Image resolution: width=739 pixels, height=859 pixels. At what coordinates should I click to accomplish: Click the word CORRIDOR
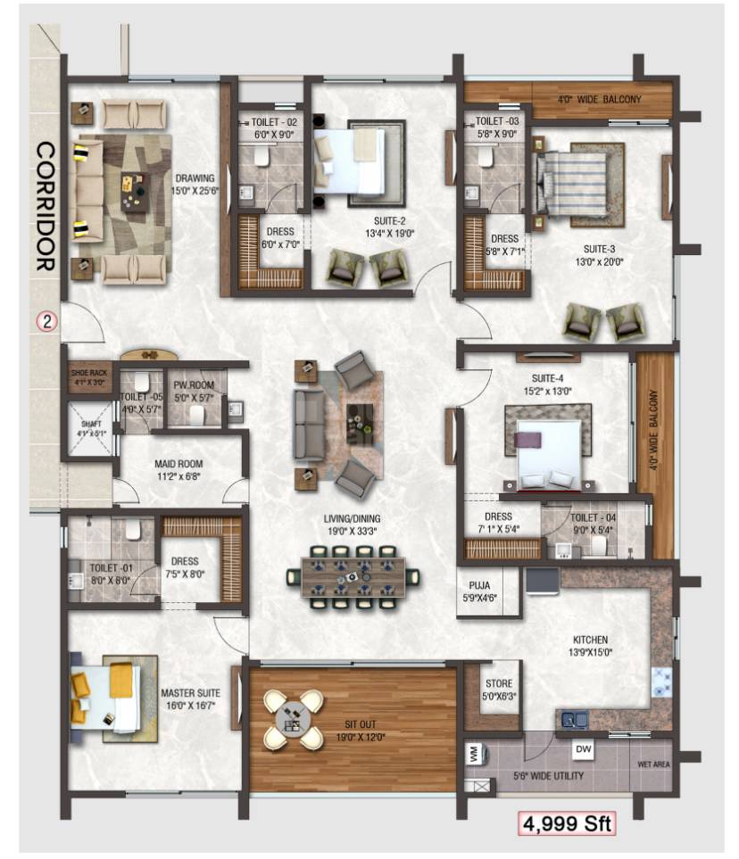pos(46,206)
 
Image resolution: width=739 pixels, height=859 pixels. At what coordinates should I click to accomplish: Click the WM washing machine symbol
pos(474,754)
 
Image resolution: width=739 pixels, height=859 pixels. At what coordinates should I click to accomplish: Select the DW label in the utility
pos(583,748)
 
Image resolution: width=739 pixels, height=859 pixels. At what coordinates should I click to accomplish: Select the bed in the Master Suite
pos(105,696)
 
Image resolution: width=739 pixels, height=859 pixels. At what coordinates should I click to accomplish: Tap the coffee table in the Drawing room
pos(134,188)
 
